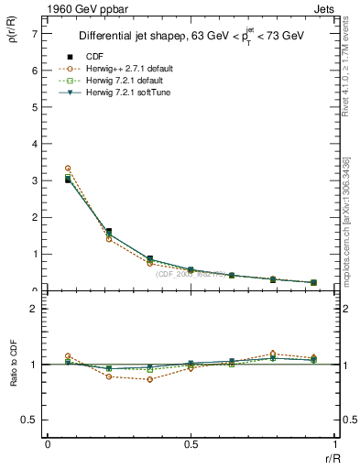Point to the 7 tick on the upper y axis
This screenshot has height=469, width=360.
(35, 33)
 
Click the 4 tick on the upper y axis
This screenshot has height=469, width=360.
(35, 144)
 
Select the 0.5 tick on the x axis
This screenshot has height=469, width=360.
(190, 443)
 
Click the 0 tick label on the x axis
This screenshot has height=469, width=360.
(48, 443)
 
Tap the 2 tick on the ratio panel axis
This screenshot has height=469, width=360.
(35, 309)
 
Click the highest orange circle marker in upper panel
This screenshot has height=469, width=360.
(68, 169)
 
